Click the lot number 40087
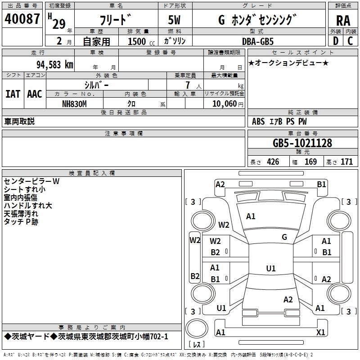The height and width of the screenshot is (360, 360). click(22, 19)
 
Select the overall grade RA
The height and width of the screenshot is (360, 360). click(343, 21)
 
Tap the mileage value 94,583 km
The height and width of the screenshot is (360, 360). click(55, 65)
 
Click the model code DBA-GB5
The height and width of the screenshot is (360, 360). click(258, 41)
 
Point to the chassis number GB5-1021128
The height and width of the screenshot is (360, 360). click(302, 143)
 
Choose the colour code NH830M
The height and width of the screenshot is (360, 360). click(74, 104)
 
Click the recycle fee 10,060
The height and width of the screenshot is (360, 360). click(225, 104)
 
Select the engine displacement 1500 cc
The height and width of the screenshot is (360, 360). click(141, 41)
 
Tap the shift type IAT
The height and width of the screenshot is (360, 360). click(13, 94)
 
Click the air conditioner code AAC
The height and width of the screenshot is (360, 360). click(35, 94)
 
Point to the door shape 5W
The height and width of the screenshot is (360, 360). click(174, 20)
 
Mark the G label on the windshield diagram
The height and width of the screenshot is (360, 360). click(284, 237)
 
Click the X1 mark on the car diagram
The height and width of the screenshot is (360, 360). click(320, 332)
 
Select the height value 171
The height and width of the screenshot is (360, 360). click(346, 162)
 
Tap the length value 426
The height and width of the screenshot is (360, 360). click(273, 162)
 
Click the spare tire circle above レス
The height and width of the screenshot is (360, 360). click(197, 328)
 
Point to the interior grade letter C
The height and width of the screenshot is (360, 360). click(350, 41)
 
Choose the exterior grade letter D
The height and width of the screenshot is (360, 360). click(336, 41)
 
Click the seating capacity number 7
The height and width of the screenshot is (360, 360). click(188, 85)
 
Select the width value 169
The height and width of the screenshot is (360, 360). click(310, 162)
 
